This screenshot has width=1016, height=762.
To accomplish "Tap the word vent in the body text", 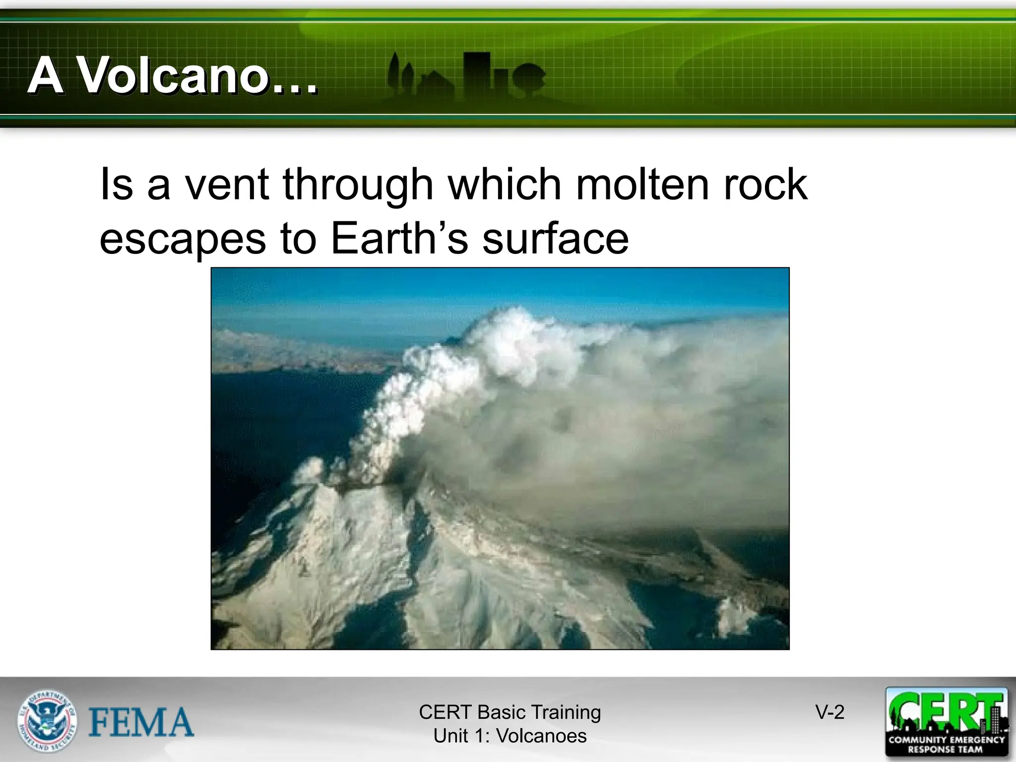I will [x=227, y=185].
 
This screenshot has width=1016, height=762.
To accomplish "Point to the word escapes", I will [x=183, y=239].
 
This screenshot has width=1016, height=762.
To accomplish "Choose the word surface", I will [x=555, y=238].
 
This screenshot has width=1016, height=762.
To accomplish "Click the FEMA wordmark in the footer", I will [x=141, y=722].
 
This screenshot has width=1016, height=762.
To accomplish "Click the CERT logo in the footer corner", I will [x=947, y=721].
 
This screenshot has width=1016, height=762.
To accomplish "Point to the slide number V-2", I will [x=830, y=712].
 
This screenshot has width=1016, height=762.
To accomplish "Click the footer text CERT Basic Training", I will [x=509, y=712].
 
